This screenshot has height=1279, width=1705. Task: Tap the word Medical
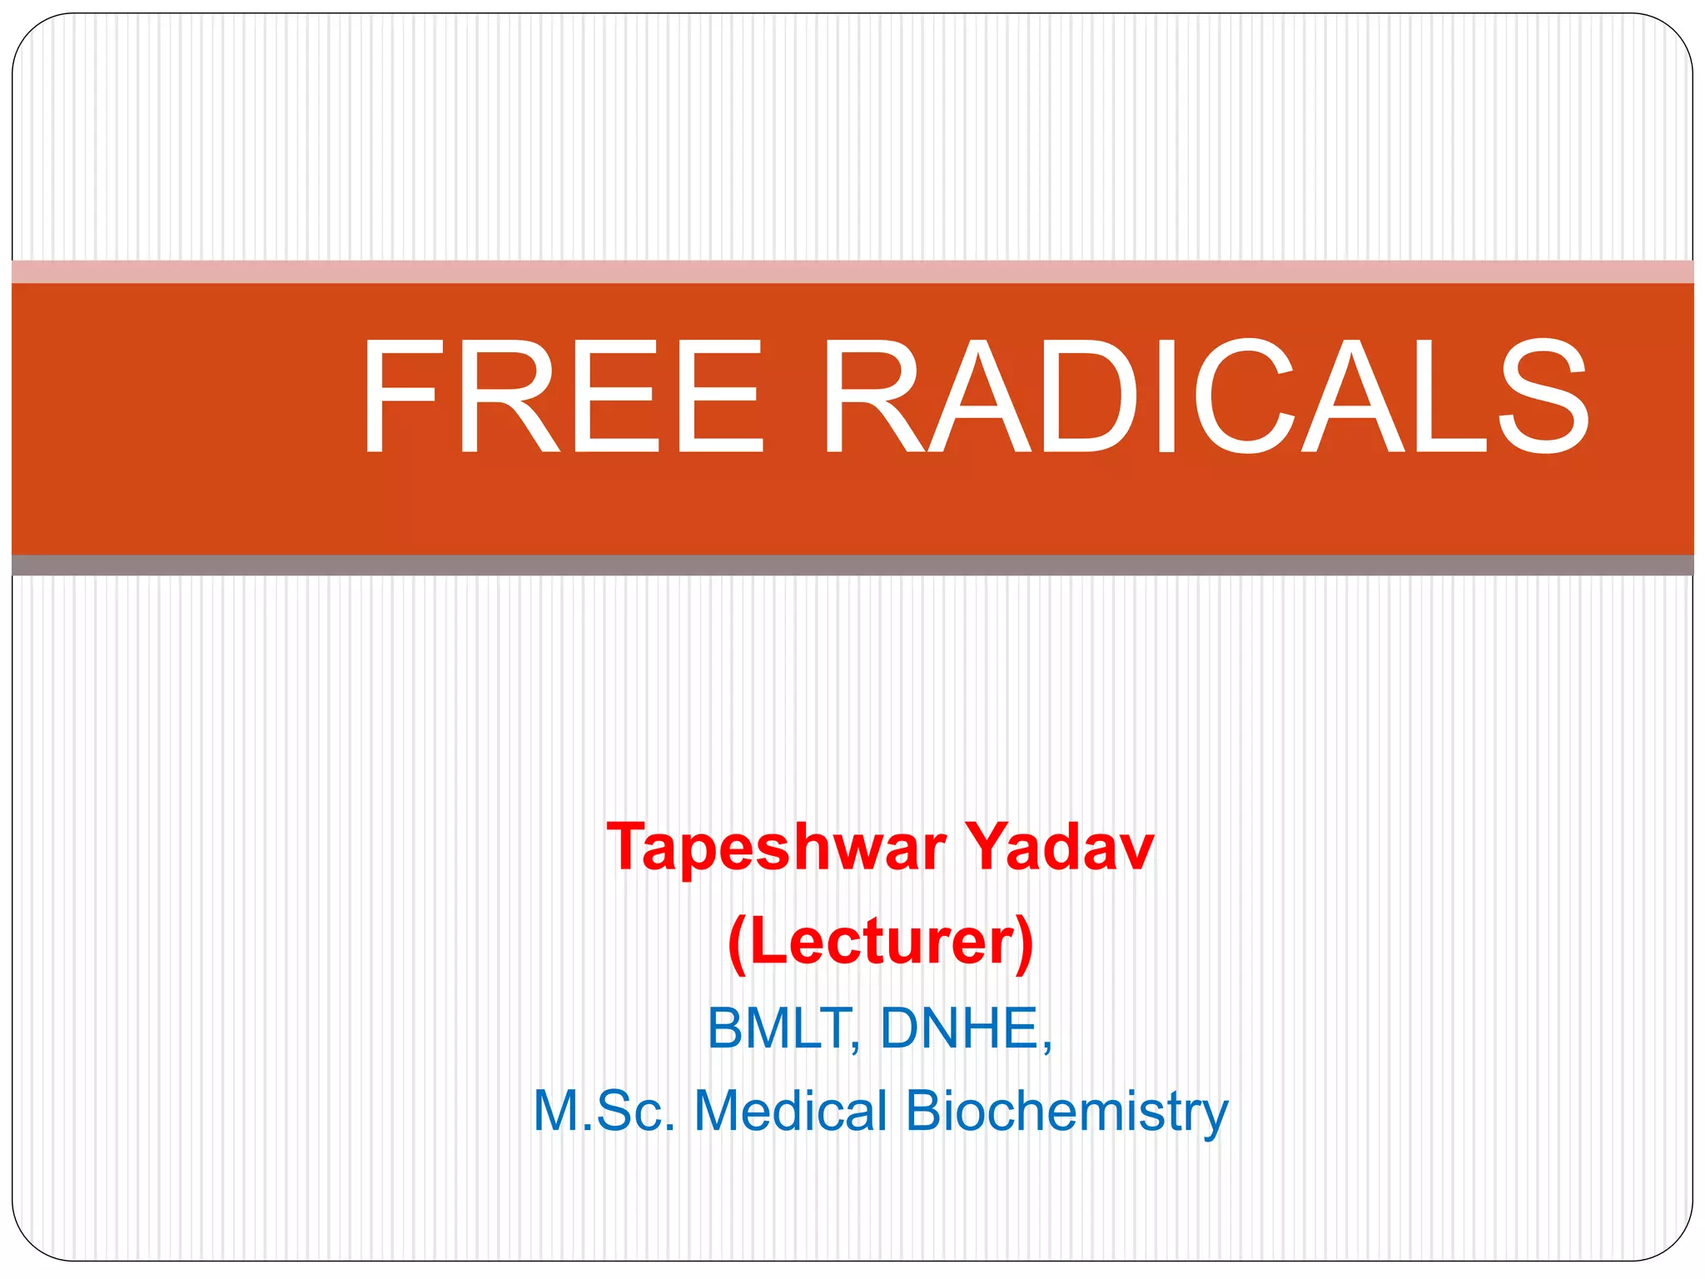[791, 1111]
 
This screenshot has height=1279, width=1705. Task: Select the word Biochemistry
[1066, 1112]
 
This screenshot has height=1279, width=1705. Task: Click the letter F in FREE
[399, 398]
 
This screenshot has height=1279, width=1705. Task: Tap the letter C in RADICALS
[1249, 398]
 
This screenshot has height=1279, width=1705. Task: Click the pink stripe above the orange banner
[852, 271]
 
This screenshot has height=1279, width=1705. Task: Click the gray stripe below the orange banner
[852, 565]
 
